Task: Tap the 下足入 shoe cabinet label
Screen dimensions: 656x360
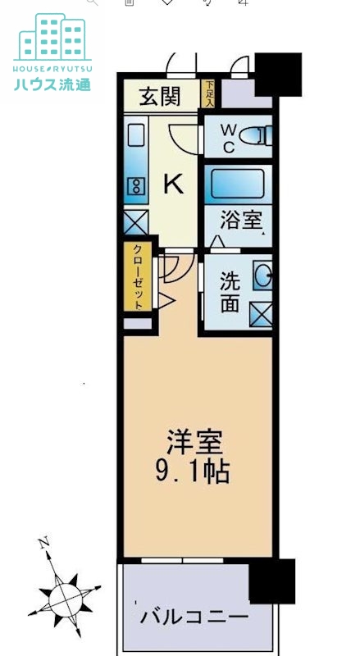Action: click(210, 91)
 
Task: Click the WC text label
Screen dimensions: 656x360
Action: click(227, 138)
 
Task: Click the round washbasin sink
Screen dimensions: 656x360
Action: click(262, 276)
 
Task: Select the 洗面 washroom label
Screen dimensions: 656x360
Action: click(230, 291)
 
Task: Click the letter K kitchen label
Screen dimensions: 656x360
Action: click(174, 184)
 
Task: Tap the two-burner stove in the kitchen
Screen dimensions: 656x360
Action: click(135, 187)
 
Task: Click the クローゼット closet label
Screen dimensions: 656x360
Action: click(138, 276)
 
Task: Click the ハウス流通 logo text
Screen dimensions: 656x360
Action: click(52, 84)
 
